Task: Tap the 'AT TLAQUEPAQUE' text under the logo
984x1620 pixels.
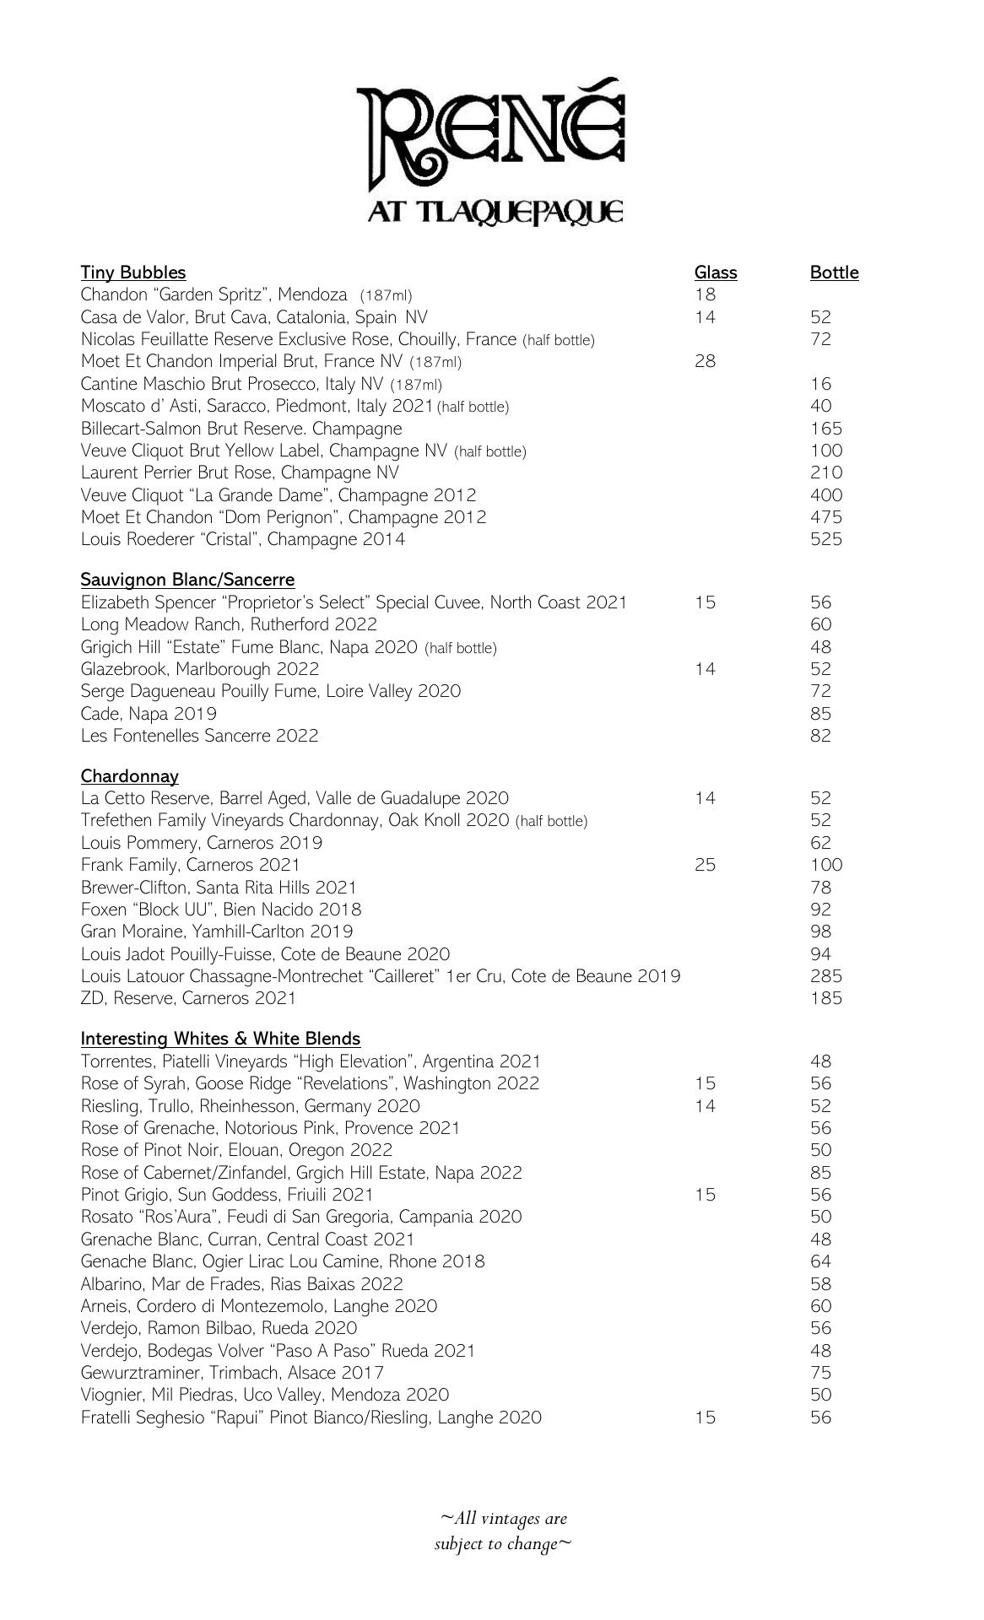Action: [x=495, y=211]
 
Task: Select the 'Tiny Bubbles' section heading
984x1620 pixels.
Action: [x=133, y=273]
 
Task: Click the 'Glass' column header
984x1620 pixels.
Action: [x=716, y=273]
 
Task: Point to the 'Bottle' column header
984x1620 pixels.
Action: [x=834, y=273]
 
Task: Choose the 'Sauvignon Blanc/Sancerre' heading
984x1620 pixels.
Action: [x=187, y=580]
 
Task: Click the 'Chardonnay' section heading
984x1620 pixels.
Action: [x=130, y=776]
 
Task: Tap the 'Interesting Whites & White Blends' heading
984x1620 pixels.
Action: [x=220, y=1039]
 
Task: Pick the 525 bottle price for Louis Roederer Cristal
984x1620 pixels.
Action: [x=825, y=539]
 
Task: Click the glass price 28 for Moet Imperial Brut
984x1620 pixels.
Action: [x=705, y=361]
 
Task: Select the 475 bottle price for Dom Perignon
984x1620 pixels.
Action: [x=825, y=517]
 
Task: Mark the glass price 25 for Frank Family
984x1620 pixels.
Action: [x=705, y=865]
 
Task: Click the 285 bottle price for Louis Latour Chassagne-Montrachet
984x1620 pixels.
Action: [x=825, y=976]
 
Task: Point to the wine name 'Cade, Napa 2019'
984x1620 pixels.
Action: [x=149, y=714]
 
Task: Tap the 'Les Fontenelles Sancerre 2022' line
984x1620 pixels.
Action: [x=199, y=736]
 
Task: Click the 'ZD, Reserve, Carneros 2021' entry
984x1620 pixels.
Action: [x=188, y=998]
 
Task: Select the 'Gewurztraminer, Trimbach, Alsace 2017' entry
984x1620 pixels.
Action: [x=232, y=1373]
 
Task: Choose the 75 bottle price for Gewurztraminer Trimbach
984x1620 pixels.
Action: [x=820, y=1373]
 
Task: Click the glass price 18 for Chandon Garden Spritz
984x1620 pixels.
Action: [x=705, y=294]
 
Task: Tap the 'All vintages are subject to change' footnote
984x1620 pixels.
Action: [x=503, y=1531]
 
